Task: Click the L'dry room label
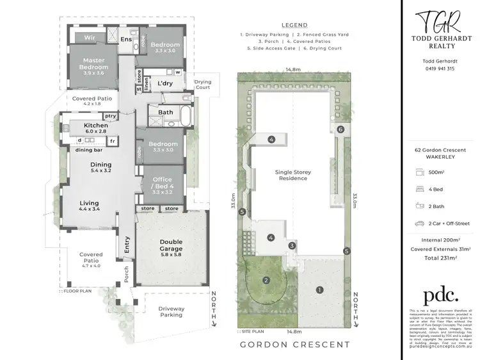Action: point(164,84)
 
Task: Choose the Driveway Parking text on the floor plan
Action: point(171,312)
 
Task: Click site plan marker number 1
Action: point(319,290)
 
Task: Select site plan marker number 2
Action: point(266,280)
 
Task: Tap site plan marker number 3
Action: point(292,245)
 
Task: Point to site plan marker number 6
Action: point(340,129)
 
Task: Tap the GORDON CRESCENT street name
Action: point(294,345)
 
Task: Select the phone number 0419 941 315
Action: point(438,69)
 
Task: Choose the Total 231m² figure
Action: point(438,258)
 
